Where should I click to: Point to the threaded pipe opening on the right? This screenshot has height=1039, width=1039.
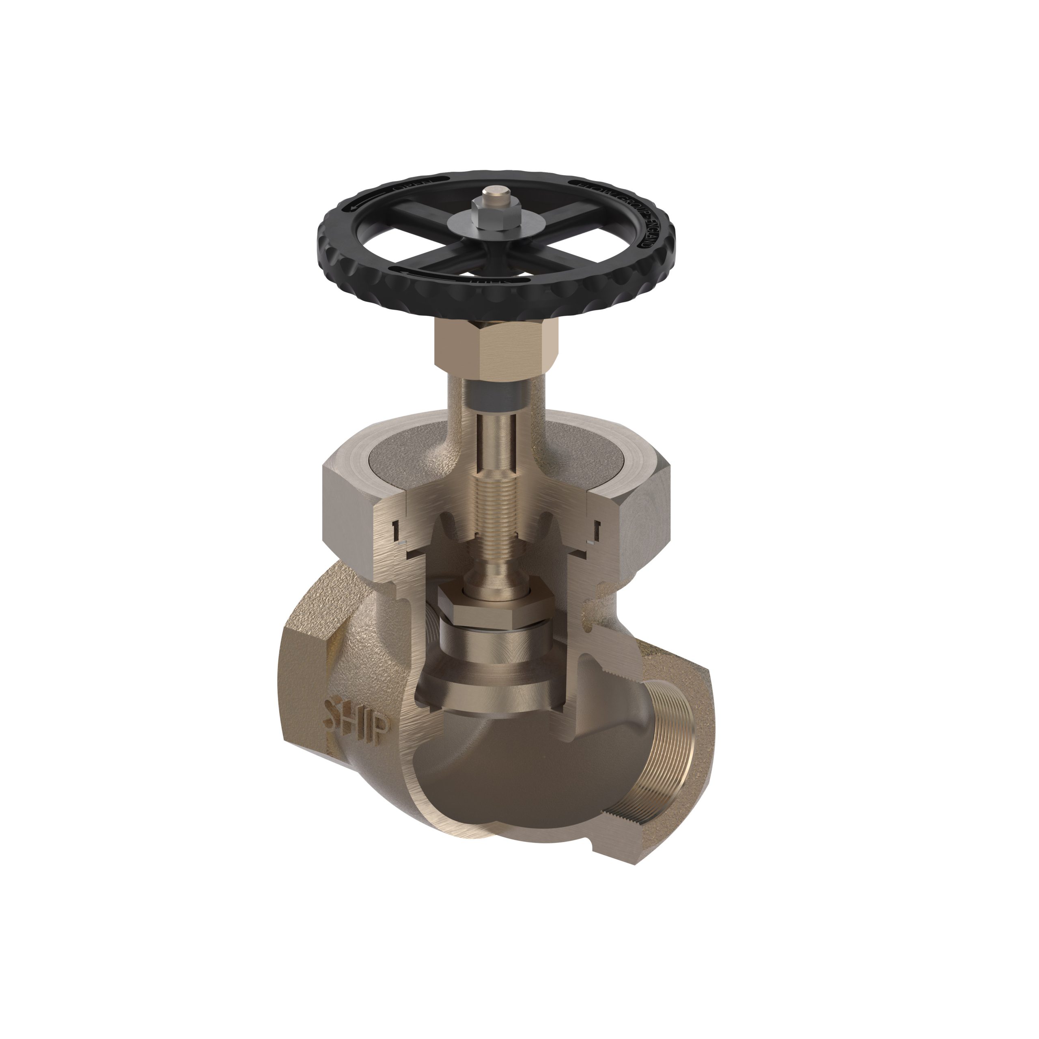[x=667, y=748]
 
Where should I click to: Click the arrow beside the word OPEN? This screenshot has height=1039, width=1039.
[x=366, y=202]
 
